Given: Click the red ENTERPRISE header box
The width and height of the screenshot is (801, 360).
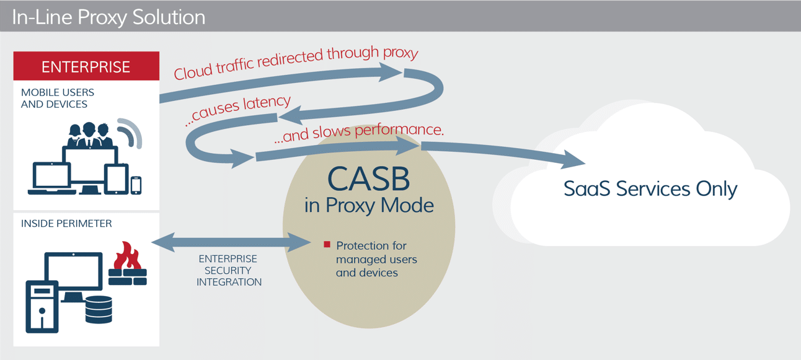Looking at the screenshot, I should point(86,66).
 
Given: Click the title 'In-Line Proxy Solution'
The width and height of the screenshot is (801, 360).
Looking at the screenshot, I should point(108,17).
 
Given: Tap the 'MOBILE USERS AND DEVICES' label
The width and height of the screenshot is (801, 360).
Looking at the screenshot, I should point(57,98).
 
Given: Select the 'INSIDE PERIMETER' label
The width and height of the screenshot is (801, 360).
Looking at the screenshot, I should point(66,224).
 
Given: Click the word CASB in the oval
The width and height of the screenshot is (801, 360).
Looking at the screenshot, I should point(368,178).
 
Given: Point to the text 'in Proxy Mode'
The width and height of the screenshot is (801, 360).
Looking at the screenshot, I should point(368,205).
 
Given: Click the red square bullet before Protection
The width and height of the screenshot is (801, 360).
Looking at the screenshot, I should point(327,245).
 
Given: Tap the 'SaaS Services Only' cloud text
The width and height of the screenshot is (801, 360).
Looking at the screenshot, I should point(650,188).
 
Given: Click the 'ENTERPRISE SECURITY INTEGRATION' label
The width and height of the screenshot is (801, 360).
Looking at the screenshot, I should point(229,270).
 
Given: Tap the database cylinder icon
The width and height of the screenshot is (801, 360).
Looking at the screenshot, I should point(99,309).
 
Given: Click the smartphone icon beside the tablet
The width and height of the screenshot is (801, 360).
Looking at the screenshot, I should point(136,185).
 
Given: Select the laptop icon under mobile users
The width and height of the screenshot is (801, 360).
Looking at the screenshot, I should point(52,179).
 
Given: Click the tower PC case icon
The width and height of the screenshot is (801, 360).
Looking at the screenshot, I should point(42,306).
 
